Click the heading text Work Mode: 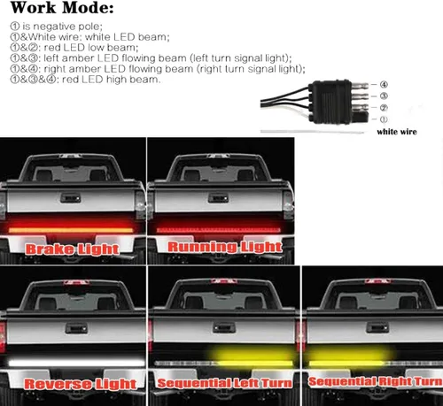[x=62, y=8]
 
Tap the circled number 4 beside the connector [x=384, y=85]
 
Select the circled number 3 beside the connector [x=384, y=96]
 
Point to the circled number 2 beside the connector [x=384, y=108]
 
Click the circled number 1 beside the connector [x=384, y=119]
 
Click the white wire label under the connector [x=397, y=132]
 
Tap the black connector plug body [x=330, y=102]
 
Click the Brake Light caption [x=73, y=249]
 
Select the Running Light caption [x=225, y=247]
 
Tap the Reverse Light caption [x=81, y=384]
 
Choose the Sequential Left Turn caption [x=224, y=383]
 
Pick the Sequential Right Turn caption [x=376, y=381]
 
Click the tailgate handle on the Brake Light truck [x=71, y=198]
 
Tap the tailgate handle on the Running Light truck [x=218, y=198]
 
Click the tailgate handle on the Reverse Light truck [x=76, y=328]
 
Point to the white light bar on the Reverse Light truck [x=77, y=363]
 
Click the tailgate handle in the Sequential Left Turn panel [x=224, y=327]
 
